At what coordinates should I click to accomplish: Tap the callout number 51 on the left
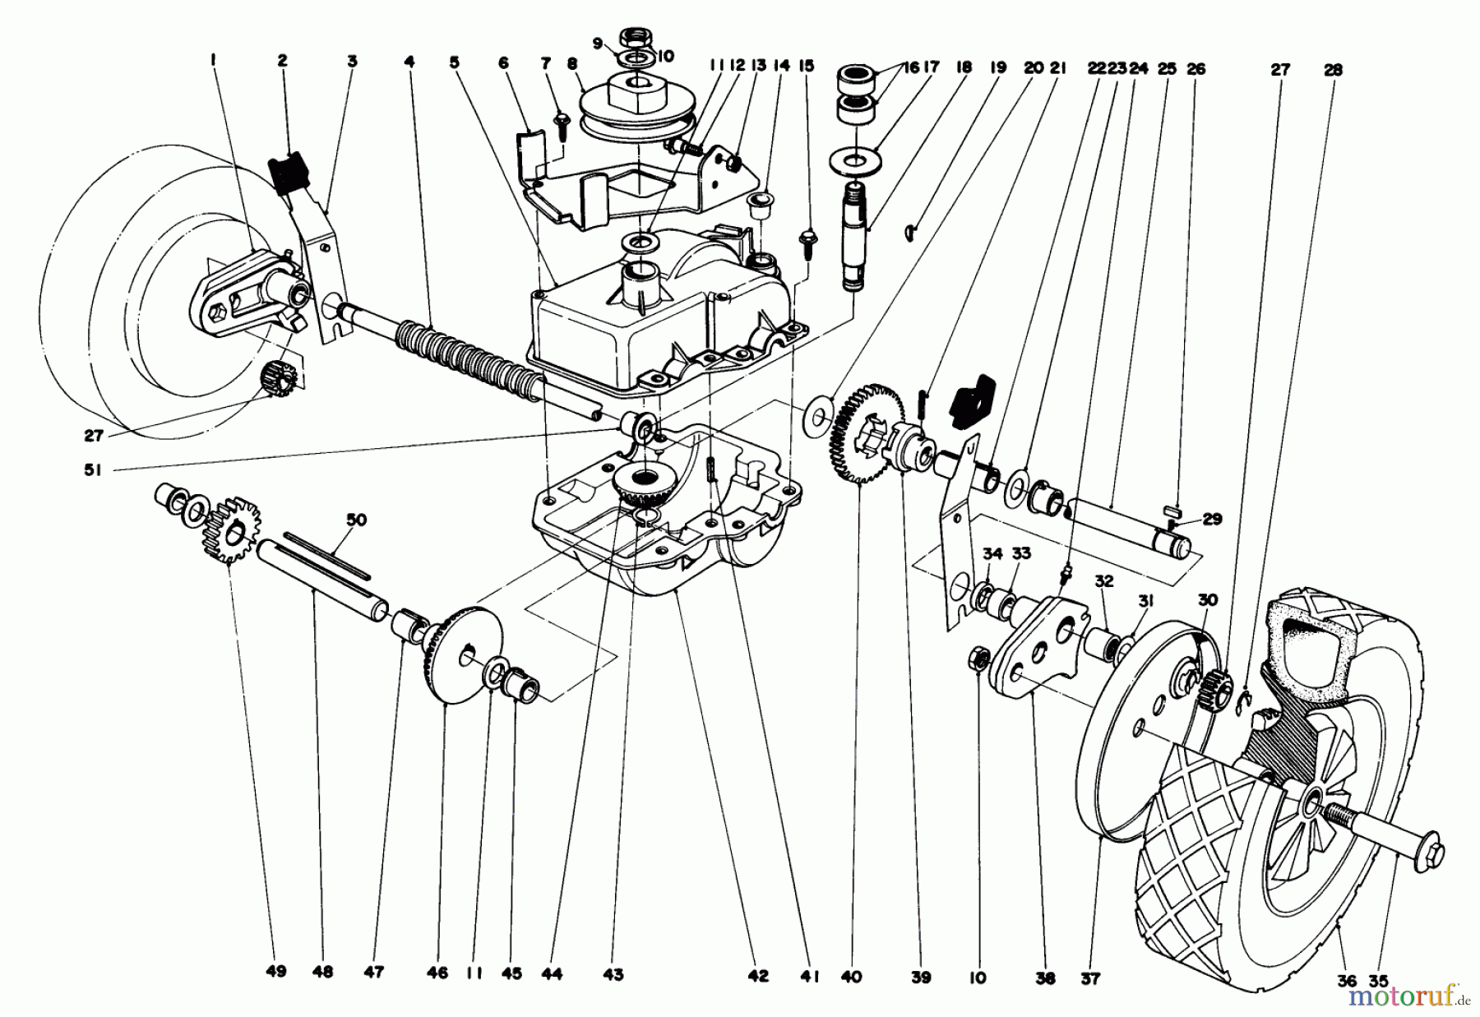pyautogui.click(x=92, y=472)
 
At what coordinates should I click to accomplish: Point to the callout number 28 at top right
pyautogui.click(x=1333, y=71)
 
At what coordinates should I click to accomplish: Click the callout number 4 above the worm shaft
pyautogui.click(x=409, y=62)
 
